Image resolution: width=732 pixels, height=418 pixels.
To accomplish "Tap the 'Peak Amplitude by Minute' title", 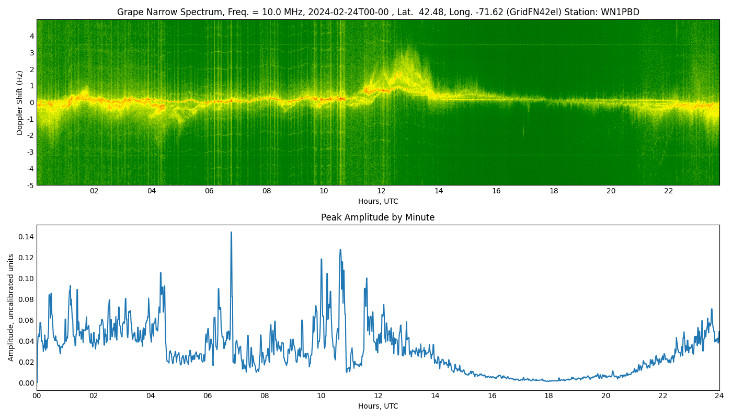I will coord(378,217).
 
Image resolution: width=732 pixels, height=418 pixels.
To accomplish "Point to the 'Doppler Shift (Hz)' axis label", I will coord(20,102).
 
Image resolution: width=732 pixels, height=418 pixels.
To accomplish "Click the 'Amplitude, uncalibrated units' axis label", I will coord(11,307).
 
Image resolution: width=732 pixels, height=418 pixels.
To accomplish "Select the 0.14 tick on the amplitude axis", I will coord(26,237).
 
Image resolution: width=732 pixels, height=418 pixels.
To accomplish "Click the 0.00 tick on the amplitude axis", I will coord(26,383).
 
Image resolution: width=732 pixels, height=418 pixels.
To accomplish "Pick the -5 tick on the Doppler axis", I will coord(31,185).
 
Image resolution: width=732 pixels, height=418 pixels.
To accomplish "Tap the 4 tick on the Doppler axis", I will coord(32,36).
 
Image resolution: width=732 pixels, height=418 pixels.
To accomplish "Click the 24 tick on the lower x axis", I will coord(719,396).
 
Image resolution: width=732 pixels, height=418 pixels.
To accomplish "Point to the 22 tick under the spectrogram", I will coord(668,191).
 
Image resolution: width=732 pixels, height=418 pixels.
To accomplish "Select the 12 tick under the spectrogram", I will coord(381,191).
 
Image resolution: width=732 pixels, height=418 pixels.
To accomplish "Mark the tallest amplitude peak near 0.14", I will coord(231,233).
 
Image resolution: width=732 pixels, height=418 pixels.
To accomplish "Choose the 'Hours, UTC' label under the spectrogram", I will coord(378,201).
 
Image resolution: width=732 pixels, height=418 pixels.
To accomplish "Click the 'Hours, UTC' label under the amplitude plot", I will coord(378,406).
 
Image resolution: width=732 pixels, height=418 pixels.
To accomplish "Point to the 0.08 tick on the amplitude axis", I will coord(26,299).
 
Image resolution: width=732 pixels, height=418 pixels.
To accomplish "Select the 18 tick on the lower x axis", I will coord(548,396).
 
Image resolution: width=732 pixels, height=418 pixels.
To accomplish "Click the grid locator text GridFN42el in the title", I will coord(534,12).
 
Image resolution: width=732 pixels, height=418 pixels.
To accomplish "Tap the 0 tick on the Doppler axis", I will coord(32,102).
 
